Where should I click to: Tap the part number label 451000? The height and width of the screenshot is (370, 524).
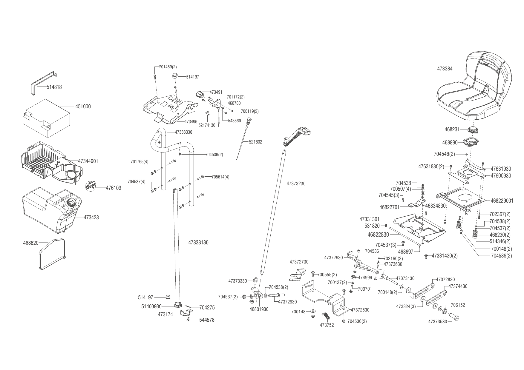click(83, 107)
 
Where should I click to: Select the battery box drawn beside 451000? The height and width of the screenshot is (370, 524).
click(46, 118)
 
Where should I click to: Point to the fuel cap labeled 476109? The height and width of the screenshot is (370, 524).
click(91, 185)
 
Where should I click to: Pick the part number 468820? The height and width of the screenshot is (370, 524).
click(31, 243)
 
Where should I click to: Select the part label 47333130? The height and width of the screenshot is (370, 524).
click(198, 243)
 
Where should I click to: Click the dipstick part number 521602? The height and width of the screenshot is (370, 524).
click(255, 142)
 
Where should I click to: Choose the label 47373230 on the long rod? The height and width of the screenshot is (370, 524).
click(296, 184)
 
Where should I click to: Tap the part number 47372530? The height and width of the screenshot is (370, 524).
click(360, 310)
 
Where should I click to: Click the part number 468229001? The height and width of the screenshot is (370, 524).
click(502, 201)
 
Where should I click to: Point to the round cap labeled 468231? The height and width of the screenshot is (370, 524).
click(474, 130)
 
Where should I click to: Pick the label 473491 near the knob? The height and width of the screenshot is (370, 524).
click(216, 92)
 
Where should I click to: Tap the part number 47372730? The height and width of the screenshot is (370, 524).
click(299, 262)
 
